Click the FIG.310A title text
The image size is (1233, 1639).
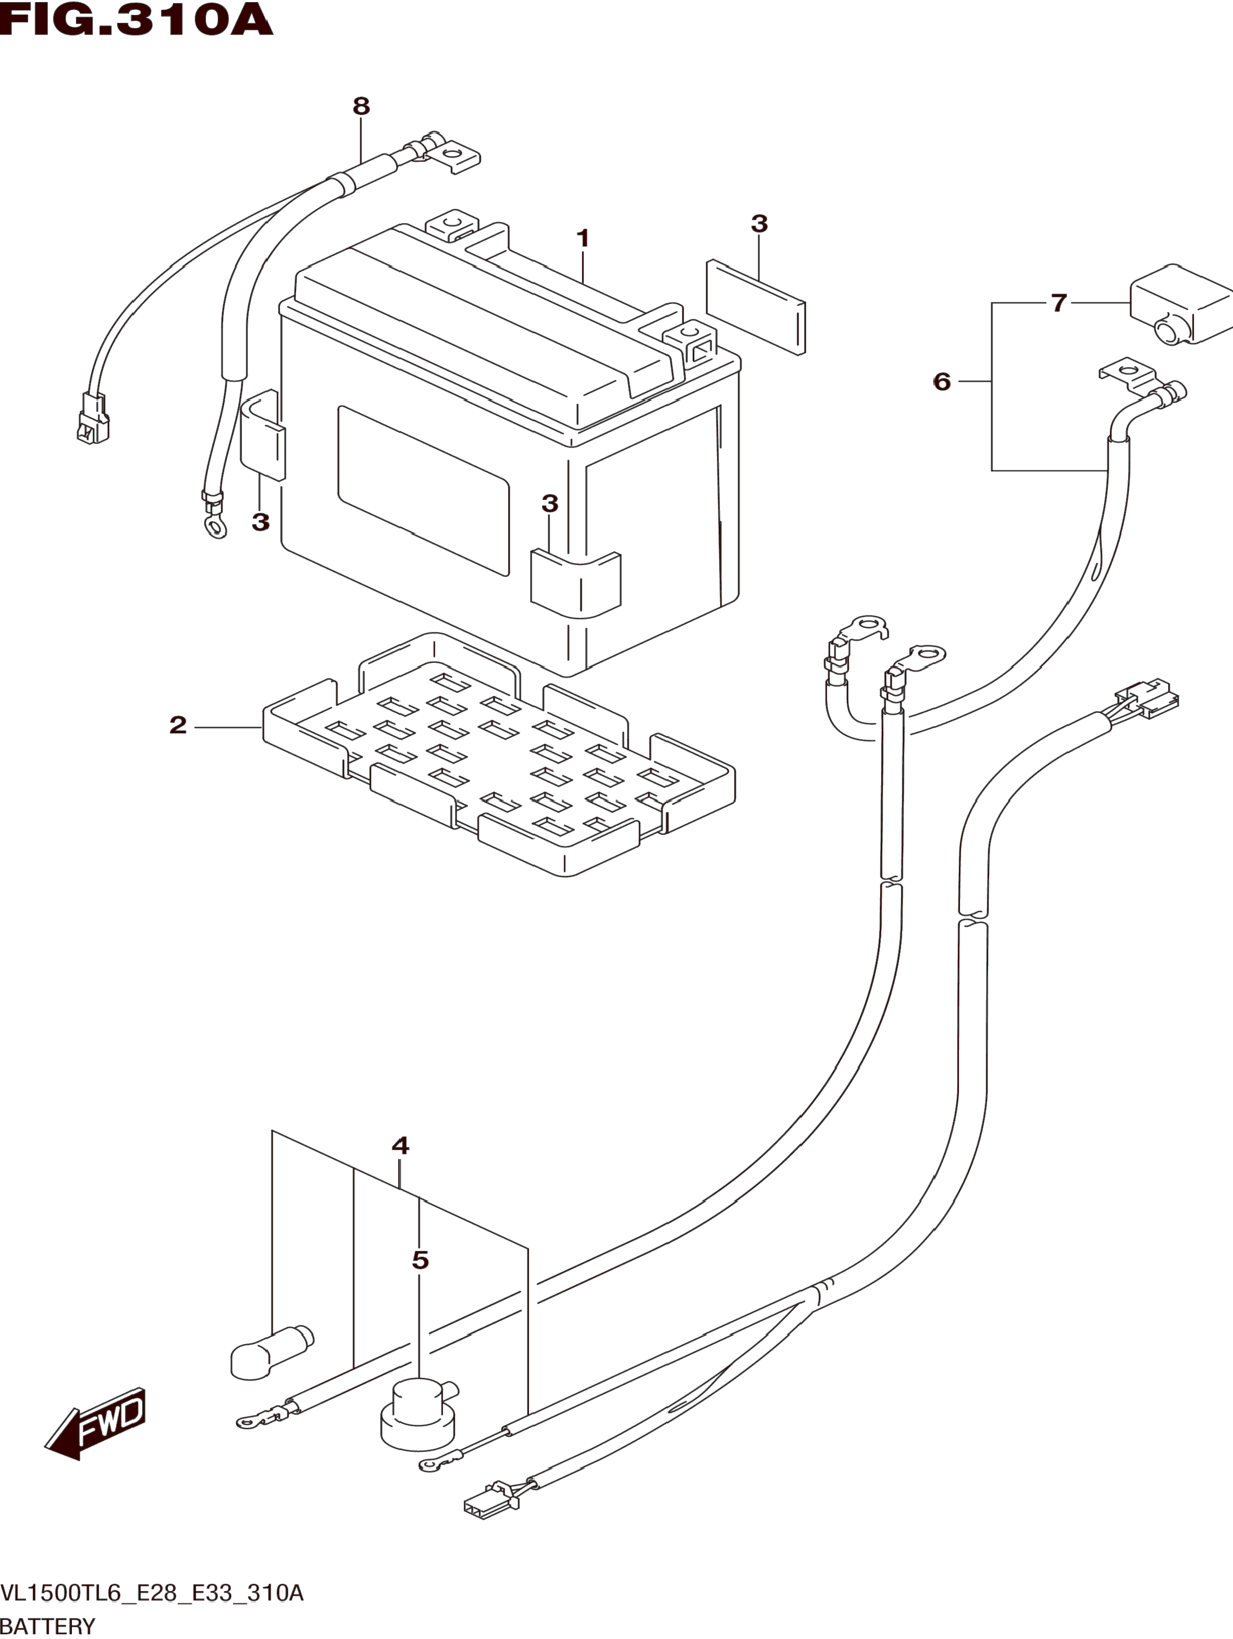136,20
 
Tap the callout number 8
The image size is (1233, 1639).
361,107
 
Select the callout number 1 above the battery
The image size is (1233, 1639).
583,239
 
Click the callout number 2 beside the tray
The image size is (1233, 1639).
178,725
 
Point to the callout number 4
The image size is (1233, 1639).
400,1145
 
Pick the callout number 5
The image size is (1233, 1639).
942,381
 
